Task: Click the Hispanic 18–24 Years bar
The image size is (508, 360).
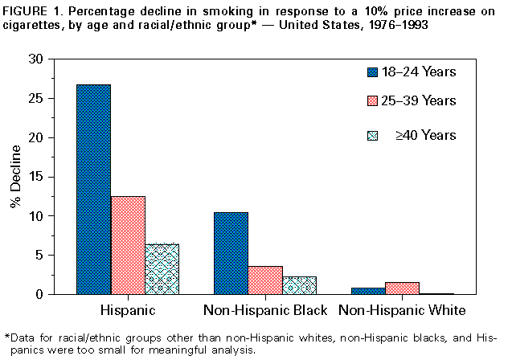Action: [x=93, y=190]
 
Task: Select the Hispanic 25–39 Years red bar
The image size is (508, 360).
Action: [x=128, y=245]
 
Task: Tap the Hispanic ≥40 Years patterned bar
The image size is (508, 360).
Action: [x=162, y=269]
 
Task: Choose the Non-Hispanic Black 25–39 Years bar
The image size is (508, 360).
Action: [x=265, y=280]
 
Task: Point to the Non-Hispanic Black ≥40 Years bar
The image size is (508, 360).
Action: [x=299, y=285]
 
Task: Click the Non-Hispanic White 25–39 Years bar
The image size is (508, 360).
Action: [x=402, y=288]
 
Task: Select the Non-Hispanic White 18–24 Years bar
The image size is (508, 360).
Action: [x=367, y=291]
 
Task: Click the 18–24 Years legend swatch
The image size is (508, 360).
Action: [x=372, y=72]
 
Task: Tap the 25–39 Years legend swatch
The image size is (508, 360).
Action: [x=372, y=101]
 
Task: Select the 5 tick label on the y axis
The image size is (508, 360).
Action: [x=50, y=256]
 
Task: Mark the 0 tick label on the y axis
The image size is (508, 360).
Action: [x=50, y=295]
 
